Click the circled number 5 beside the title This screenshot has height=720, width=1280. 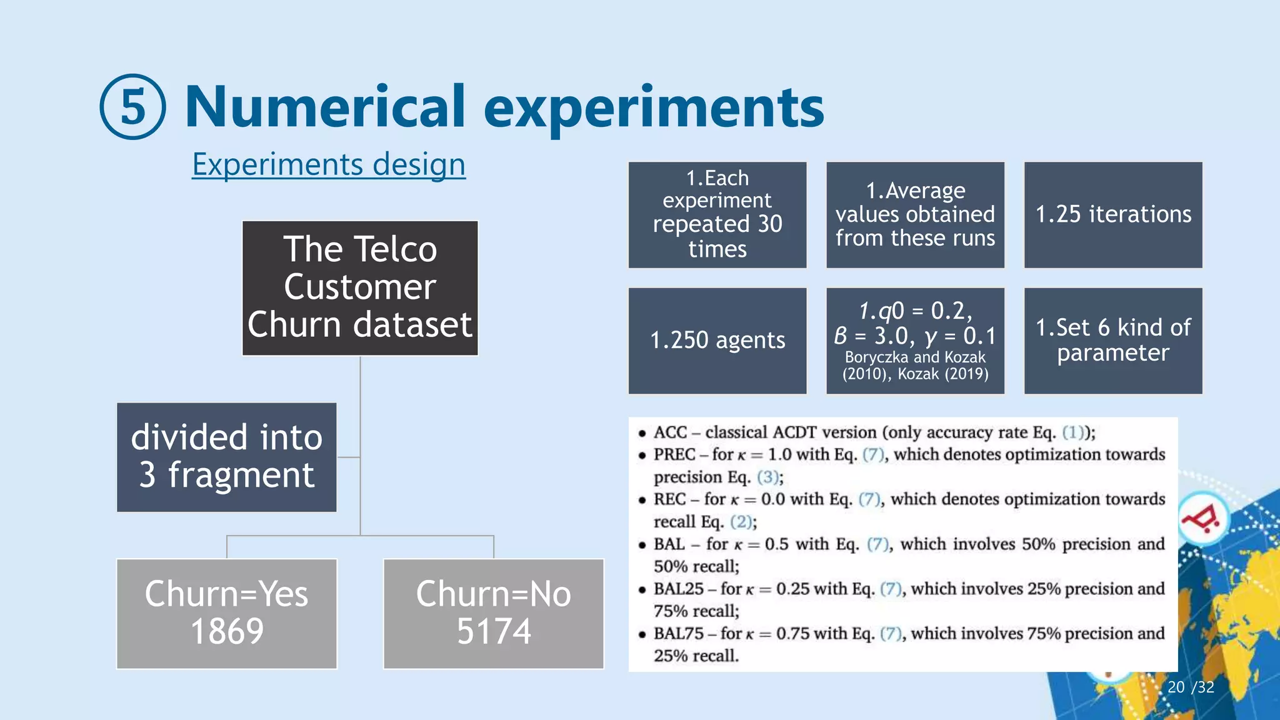click(132, 107)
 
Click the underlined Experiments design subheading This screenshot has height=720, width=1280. click(328, 165)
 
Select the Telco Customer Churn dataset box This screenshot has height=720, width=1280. click(360, 287)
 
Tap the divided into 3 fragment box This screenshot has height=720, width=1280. click(226, 457)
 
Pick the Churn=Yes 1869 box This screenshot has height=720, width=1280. click(226, 613)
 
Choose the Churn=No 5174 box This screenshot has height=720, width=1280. click(493, 613)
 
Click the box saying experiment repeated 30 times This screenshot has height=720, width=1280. click(717, 214)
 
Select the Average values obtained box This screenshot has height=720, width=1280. click(915, 214)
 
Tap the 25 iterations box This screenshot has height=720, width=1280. click(1112, 214)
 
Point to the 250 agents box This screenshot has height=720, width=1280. click(717, 341)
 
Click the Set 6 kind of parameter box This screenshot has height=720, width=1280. click(1112, 341)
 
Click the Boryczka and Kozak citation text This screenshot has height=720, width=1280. click(915, 366)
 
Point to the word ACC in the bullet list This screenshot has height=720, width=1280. click(670, 432)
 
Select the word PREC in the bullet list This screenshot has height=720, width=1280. click(674, 454)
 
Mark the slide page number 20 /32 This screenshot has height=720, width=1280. click(1190, 687)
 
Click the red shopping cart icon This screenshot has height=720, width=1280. click(1201, 519)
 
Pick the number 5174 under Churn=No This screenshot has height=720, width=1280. click(494, 631)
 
